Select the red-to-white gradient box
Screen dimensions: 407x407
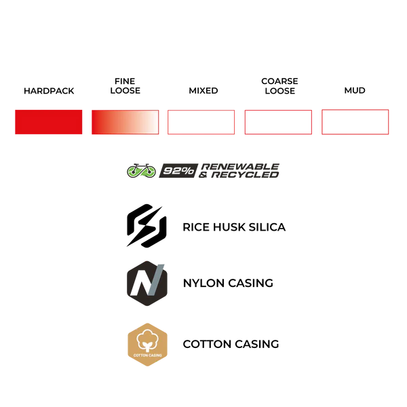(124, 122)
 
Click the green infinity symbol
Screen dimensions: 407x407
(141, 171)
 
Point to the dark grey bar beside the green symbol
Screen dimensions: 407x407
(221, 170)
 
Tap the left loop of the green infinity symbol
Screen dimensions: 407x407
(134, 172)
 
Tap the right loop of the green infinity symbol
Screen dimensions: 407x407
(149, 170)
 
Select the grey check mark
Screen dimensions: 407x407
(154, 282)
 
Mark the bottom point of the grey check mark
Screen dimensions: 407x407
(151, 297)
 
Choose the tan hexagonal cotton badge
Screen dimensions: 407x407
(149, 344)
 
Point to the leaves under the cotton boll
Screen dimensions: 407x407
(149, 345)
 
